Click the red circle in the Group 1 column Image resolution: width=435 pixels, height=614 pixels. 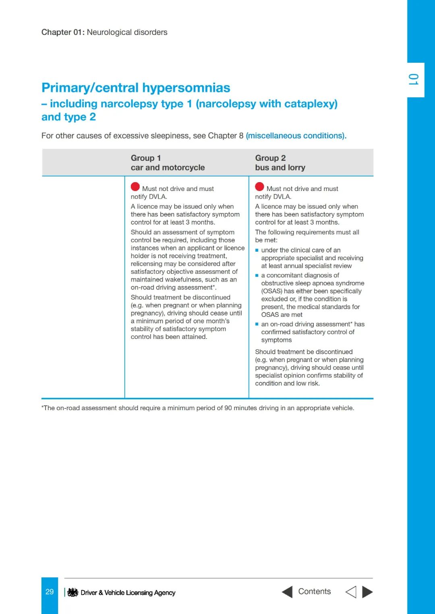(x=135, y=187)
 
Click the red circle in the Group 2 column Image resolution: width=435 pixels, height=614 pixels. (x=259, y=187)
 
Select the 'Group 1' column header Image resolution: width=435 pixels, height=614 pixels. (x=145, y=158)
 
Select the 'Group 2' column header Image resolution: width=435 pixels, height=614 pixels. (x=270, y=158)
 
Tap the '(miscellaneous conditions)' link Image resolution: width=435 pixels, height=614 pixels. (x=296, y=136)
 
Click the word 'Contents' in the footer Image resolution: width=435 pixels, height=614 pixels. (x=314, y=591)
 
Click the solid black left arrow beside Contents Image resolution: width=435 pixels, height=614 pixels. (x=287, y=592)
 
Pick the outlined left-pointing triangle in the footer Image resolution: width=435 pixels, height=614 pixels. (x=351, y=592)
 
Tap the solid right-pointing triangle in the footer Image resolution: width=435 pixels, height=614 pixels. (x=367, y=592)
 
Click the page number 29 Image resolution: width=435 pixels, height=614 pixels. (x=50, y=592)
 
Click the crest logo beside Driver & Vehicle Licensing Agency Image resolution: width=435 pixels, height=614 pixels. (x=72, y=592)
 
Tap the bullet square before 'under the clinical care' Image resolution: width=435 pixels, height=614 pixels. (x=257, y=251)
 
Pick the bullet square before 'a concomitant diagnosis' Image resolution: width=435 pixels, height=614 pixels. (x=257, y=275)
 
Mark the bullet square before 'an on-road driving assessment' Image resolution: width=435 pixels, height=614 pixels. (x=257, y=324)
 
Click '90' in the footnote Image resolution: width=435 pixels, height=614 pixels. (x=228, y=408)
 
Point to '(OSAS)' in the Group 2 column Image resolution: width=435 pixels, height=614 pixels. (x=272, y=291)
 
